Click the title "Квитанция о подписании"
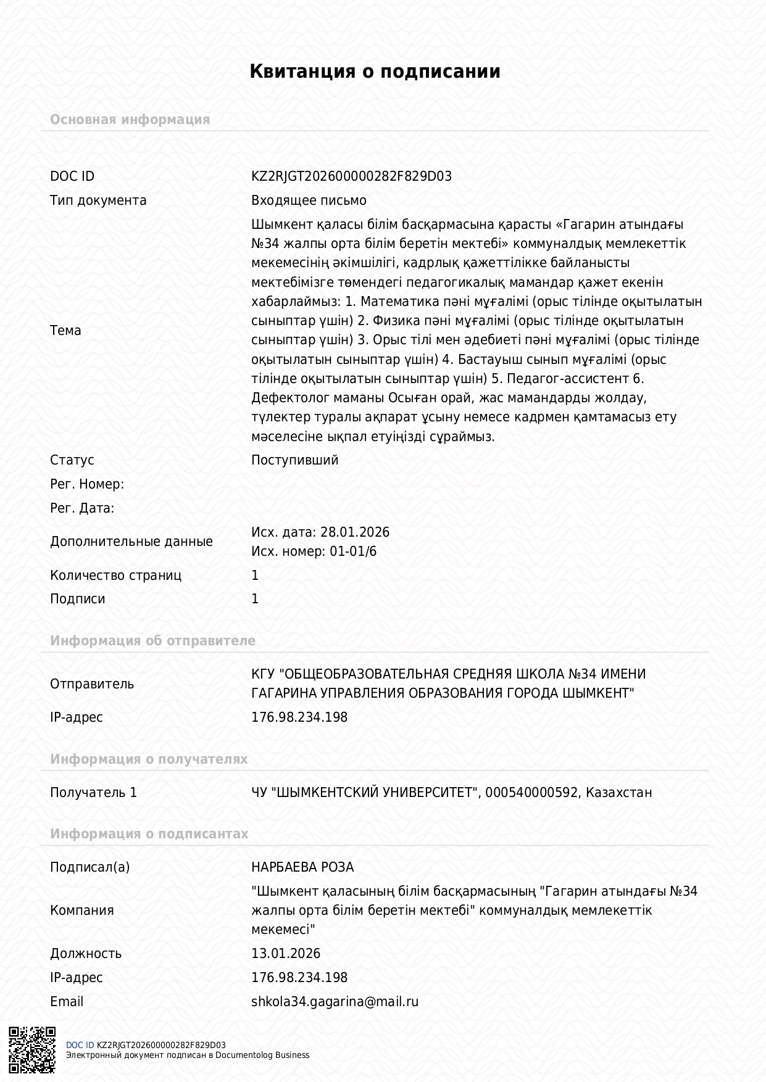coord(375,72)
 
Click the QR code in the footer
coord(32,1049)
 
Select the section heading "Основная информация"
coord(130,120)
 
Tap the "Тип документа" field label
coord(98,200)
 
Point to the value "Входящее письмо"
coord(309,200)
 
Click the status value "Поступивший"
coord(294,460)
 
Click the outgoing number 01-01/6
coord(353,551)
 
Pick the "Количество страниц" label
coord(115,576)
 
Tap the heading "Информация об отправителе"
coord(152,641)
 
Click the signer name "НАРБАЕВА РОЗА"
coord(302,867)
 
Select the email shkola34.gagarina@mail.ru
coord(335,1002)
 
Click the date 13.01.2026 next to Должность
coord(286,954)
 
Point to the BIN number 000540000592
coord(532,793)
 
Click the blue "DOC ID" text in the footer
coord(80,1045)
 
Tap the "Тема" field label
coord(65,331)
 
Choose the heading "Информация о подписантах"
coord(149,834)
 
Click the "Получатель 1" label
coord(93,793)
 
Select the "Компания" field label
coord(81,911)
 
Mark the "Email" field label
coord(67,1002)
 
